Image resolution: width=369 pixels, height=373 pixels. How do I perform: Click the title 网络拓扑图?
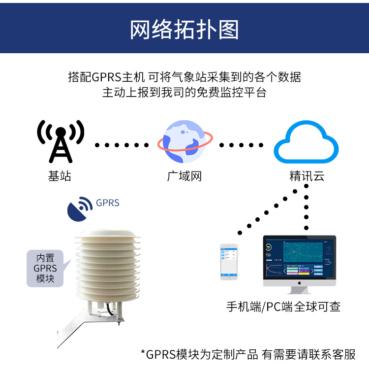click(184, 30)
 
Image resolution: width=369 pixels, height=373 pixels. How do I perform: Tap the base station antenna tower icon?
click(61, 141)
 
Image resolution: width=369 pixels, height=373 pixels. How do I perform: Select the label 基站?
click(60, 176)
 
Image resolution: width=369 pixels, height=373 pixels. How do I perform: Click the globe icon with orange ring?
click(184, 141)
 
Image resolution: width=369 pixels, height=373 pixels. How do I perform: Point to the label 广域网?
click(184, 176)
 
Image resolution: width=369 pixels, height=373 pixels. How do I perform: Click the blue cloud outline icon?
click(306, 142)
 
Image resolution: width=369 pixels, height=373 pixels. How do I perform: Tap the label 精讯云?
click(307, 176)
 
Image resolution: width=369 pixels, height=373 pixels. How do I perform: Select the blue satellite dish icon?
click(79, 209)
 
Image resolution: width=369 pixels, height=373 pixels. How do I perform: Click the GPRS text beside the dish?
click(108, 203)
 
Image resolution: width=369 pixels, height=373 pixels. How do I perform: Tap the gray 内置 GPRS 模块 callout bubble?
click(46, 269)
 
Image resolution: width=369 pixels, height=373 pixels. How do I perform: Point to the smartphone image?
click(228, 262)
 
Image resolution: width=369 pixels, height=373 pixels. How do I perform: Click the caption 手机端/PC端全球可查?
click(283, 306)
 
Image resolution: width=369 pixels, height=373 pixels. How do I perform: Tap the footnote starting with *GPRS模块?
click(248, 354)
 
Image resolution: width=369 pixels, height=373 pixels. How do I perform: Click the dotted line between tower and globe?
click(122, 145)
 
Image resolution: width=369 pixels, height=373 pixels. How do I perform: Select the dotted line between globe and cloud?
click(241, 145)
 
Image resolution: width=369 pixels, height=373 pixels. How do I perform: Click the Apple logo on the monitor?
click(299, 284)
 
